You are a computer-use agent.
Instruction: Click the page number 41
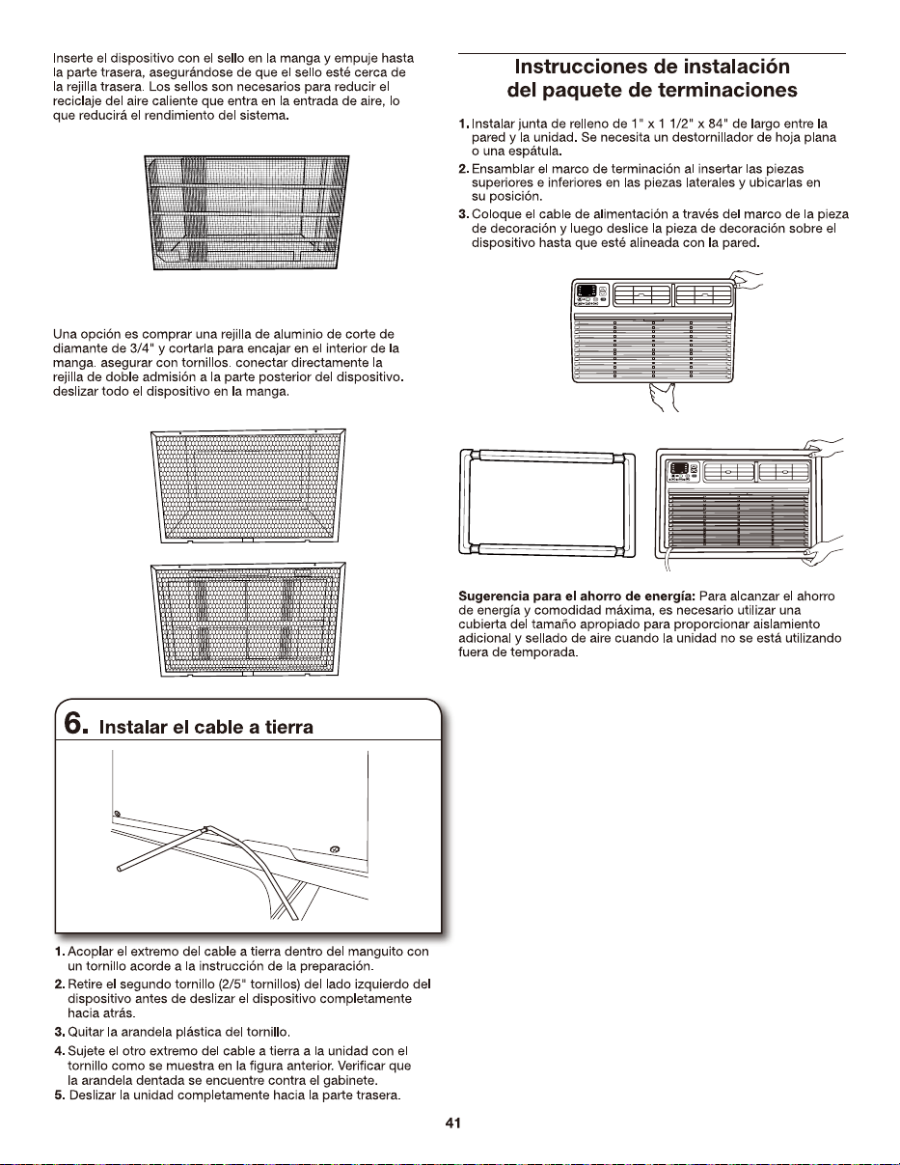pos(452,1123)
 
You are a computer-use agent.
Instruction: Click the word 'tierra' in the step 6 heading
pos(289,727)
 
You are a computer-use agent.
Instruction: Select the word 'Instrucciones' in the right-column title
pos(580,67)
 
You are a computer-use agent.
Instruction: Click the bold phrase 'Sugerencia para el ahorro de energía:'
pos(577,596)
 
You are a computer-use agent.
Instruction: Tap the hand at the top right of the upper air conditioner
pos(748,279)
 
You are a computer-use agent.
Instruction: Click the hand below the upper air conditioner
pos(663,397)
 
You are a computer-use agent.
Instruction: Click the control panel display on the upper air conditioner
pos(586,291)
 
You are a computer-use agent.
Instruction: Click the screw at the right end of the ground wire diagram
pos(336,849)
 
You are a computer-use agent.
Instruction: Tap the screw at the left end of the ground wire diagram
pos(117,814)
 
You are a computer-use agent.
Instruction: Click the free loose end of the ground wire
pos(120,869)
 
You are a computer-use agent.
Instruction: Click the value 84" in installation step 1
pos(718,124)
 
